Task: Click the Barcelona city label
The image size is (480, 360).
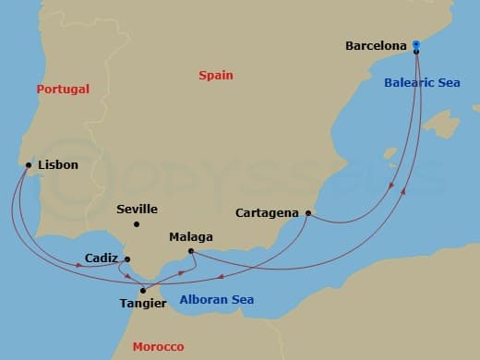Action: coord(376,44)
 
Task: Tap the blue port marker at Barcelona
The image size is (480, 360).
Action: coord(416,43)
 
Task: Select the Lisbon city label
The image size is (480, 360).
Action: coord(58,165)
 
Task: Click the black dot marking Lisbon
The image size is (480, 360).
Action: coord(26,166)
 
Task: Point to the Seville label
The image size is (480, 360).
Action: coord(137,210)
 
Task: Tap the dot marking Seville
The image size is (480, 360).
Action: coord(136,224)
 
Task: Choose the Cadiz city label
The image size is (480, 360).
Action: coord(100,258)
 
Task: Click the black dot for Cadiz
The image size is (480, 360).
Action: coord(127,259)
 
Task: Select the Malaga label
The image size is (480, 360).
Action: coord(191,237)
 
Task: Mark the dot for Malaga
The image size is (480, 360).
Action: coord(190,251)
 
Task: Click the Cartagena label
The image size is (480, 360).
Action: coord(267,212)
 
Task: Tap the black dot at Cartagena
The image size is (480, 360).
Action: coord(307,213)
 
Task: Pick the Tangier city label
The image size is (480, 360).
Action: coord(144,303)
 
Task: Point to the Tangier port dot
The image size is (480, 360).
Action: coord(141,290)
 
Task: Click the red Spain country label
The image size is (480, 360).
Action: coord(216,76)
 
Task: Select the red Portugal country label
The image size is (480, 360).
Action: coord(63,90)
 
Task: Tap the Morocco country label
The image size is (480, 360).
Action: coord(158,347)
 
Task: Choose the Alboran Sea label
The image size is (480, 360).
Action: coord(216,300)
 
